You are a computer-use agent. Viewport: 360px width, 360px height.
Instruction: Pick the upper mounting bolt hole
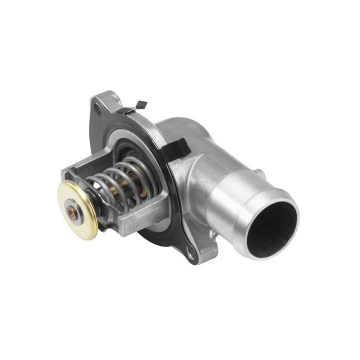coord(95,106)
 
